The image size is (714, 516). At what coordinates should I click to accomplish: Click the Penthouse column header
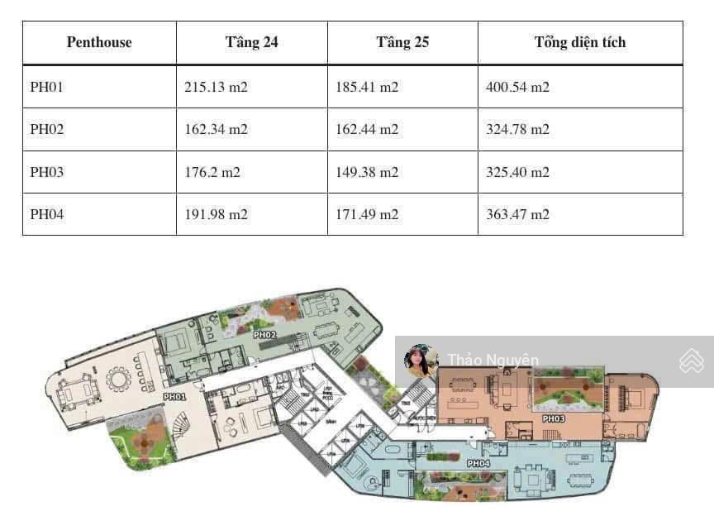pos(99,43)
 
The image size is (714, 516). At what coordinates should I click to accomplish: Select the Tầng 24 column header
pos(251,43)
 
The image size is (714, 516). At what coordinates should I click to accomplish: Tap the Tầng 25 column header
pos(402,43)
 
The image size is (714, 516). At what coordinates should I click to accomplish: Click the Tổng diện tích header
pos(580,43)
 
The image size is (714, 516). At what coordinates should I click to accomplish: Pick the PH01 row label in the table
pos(46,87)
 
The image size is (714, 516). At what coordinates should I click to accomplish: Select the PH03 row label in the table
pos(46,173)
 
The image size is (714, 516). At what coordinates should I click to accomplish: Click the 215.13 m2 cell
pos(216,87)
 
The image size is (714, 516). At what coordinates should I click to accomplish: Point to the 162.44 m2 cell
pos(367,130)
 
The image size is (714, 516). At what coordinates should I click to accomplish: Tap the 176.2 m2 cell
pos(212,173)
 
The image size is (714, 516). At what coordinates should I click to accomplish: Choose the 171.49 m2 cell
pos(367,215)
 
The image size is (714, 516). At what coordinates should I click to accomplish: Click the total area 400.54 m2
pos(518,87)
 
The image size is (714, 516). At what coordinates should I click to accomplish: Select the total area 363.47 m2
pos(518,215)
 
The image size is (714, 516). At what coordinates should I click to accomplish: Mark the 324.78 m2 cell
pos(518,130)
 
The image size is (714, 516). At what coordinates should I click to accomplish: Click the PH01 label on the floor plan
pos(174,397)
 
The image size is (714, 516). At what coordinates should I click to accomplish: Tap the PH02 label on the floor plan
pos(264,335)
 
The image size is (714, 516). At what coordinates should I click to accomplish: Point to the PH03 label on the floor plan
pos(554,419)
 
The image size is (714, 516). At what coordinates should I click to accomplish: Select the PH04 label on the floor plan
pos(478,464)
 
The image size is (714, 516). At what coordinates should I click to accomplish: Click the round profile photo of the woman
pos(420,361)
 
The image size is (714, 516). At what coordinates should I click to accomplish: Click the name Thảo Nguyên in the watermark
pos(493,361)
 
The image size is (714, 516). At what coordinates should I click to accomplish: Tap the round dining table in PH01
pos(119,380)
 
